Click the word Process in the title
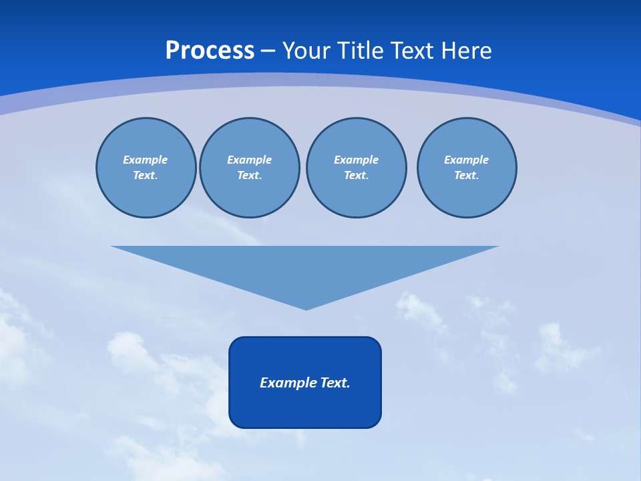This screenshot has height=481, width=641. pyautogui.click(x=210, y=51)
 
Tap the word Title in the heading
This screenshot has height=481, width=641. pyautogui.click(x=362, y=51)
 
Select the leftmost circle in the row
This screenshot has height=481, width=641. pyautogui.click(x=146, y=168)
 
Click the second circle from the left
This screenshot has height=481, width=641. pyautogui.click(x=250, y=168)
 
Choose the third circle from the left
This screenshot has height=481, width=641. pyautogui.click(x=356, y=168)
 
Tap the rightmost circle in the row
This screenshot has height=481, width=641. pyautogui.click(x=467, y=168)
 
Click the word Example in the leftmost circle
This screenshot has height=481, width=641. pyautogui.click(x=146, y=160)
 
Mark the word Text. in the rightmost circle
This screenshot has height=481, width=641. pyautogui.click(x=467, y=176)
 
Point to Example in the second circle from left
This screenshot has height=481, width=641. pyautogui.click(x=250, y=160)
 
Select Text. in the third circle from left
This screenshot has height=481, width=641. pyautogui.click(x=356, y=176)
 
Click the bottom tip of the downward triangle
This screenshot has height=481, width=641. pyautogui.click(x=306, y=308)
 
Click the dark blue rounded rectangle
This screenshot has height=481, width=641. pyautogui.click(x=305, y=408)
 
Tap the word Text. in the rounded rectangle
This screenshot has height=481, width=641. pyautogui.click(x=335, y=383)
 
